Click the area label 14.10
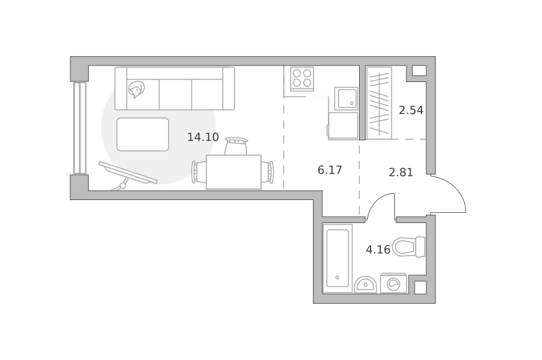pos(203,137)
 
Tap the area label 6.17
pos(330,169)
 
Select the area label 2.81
pos(401,172)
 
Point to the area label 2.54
pos(411,110)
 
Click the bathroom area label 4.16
pos(378,249)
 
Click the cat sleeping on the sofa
pos(137,89)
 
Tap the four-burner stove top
pos(302,79)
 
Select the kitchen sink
pos(346,98)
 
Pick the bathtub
pos(337,258)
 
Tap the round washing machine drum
pos(394,284)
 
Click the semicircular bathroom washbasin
pos(365,285)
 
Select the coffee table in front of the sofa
pos(143,134)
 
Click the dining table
pos(234,172)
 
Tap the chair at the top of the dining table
pos(236,146)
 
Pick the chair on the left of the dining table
pos(199,172)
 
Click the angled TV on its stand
pos(127,173)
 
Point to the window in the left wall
pos(79,128)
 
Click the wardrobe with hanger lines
pos(379,103)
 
